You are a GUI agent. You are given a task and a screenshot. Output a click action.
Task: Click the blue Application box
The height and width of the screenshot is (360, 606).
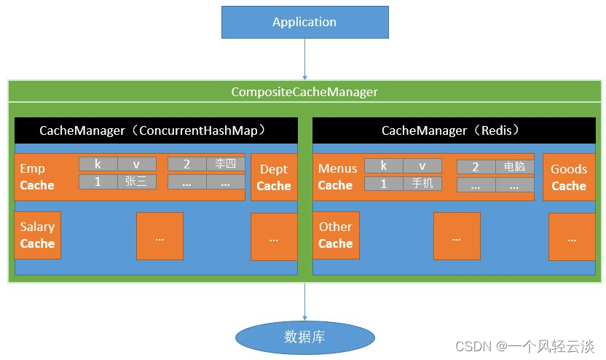point(304,22)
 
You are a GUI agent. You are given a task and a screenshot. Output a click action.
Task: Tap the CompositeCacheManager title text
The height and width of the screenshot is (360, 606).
point(304,92)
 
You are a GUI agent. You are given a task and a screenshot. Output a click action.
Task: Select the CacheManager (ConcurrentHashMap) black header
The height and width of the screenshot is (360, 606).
point(156,131)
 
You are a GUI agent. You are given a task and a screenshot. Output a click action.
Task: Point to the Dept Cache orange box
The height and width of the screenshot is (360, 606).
point(274,177)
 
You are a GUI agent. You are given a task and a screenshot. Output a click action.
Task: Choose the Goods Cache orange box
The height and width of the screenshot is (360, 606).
point(568,177)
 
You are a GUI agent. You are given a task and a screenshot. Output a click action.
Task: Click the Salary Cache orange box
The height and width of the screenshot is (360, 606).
point(37,235)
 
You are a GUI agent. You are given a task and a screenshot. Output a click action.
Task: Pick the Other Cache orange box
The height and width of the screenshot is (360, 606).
point(335,235)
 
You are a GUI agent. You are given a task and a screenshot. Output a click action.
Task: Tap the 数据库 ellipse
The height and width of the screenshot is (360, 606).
point(304,337)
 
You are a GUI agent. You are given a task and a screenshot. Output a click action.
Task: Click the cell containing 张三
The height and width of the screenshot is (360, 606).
point(136,182)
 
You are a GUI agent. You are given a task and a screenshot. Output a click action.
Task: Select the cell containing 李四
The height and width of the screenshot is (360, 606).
point(225,164)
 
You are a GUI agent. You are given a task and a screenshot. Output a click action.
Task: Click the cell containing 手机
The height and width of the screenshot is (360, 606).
point(422,184)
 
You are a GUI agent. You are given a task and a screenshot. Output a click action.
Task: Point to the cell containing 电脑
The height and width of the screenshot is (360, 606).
point(514,167)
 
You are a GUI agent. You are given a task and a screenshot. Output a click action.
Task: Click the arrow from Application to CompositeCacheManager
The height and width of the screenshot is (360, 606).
point(304,58)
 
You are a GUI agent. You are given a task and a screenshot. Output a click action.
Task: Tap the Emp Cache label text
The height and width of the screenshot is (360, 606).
point(36,177)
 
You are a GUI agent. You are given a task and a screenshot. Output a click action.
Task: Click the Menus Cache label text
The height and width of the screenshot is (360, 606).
point(337,177)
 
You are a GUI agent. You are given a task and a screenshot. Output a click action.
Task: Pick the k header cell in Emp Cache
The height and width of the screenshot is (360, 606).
point(98,164)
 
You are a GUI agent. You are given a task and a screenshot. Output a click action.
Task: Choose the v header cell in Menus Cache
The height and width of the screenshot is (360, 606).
point(422,165)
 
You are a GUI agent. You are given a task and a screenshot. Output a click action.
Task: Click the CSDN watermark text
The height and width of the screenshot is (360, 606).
point(524,345)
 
